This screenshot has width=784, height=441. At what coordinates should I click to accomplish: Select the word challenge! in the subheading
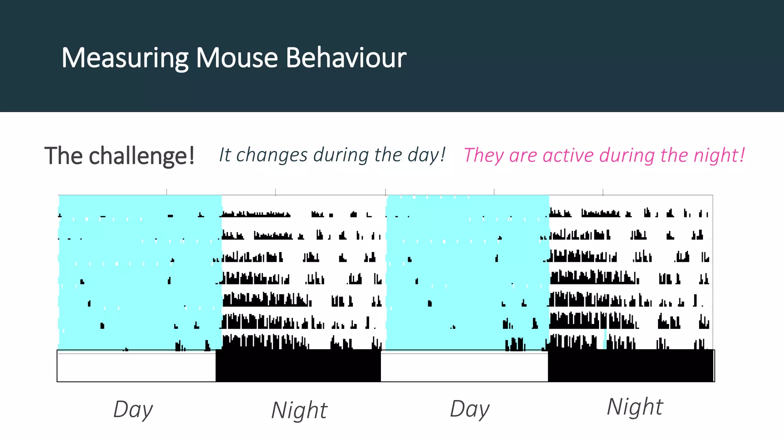tap(142, 156)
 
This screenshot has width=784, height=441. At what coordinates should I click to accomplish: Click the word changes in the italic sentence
tap(272, 155)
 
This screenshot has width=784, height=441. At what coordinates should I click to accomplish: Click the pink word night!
tap(719, 155)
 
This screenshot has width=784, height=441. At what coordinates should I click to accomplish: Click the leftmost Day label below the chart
tap(133, 410)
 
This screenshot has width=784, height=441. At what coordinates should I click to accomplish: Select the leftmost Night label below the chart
tap(299, 410)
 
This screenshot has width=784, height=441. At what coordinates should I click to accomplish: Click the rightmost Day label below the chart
tap(469, 409)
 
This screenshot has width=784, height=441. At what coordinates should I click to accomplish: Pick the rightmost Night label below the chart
tap(635, 407)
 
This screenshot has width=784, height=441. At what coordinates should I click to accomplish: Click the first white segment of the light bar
tap(136, 367)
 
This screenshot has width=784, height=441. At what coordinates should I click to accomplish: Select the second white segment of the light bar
tap(464, 367)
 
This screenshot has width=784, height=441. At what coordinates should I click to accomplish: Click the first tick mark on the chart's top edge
tap(167, 192)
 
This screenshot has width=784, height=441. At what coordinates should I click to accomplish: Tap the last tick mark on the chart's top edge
tap(603, 192)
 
